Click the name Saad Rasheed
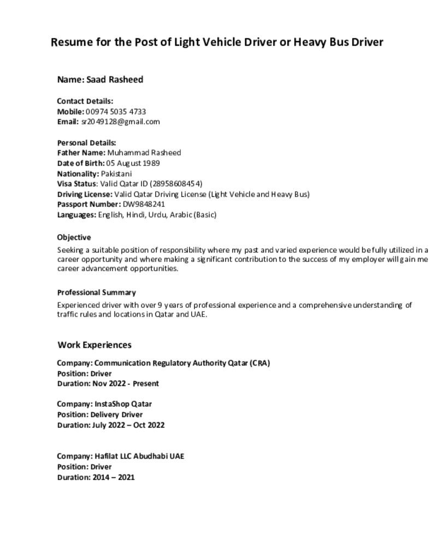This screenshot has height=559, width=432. pos(115,80)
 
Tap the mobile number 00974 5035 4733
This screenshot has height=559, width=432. pos(116,111)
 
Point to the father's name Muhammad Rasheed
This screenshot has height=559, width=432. pos(144,153)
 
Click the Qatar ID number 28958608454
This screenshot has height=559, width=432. pos(175,184)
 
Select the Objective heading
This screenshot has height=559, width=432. pos(74,237)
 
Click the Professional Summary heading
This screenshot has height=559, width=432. pos(96,293)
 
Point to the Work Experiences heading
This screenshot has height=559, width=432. pos(94,345)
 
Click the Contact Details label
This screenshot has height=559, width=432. pos(85,101)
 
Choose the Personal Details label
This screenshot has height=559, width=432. pos(86,142)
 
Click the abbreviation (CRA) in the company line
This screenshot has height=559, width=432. pos(261,363)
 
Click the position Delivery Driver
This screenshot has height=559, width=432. pos(116,415)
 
